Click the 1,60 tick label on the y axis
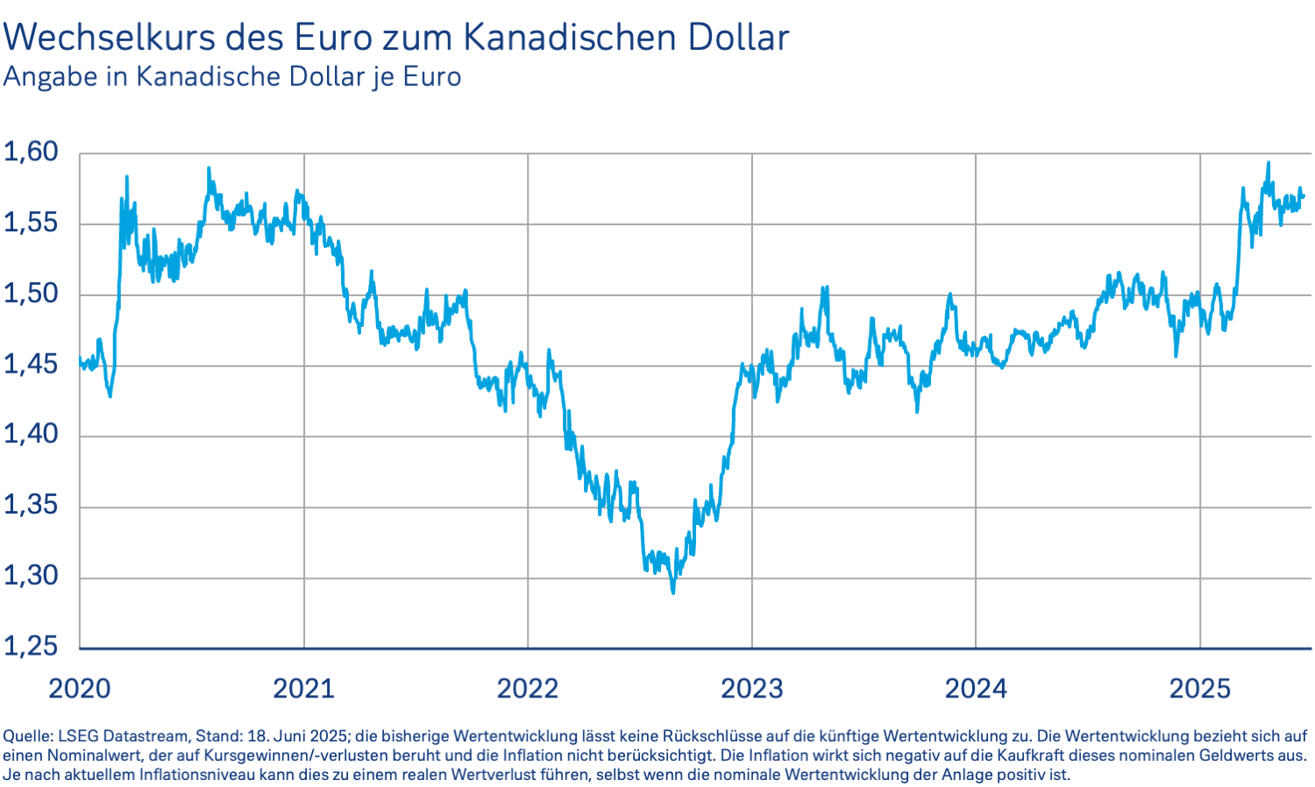pyautogui.click(x=31, y=152)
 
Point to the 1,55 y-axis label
pyautogui.click(x=31, y=223)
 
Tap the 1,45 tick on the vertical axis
pyautogui.click(x=31, y=364)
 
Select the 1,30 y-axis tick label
pyautogui.click(x=31, y=576)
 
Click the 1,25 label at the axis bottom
pyautogui.click(x=31, y=647)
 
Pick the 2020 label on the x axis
pyautogui.click(x=80, y=689)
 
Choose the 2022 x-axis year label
pyautogui.click(x=528, y=689)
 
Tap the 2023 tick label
pyautogui.click(x=752, y=689)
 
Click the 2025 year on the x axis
pyautogui.click(x=1200, y=689)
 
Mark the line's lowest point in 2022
pyautogui.click(x=673, y=592)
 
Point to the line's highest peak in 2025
pyautogui.click(x=1268, y=163)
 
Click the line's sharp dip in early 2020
pyautogui.click(x=110, y=396)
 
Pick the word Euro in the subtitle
pyautogui.click(x=431, y=77)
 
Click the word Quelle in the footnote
pyautogui.click(x=26, y=736)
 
